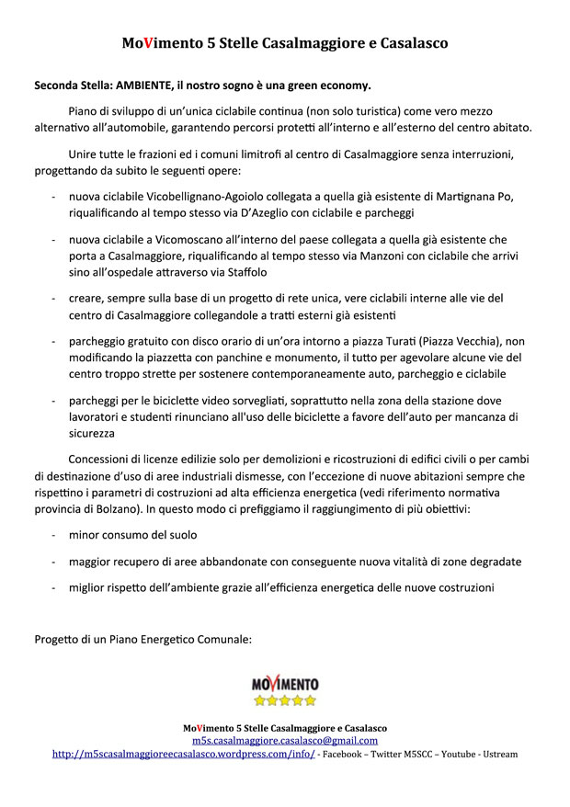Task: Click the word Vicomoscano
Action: click(162, 239)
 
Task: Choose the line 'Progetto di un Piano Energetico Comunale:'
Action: click(142, 639)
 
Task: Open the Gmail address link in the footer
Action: click(285, 740)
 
